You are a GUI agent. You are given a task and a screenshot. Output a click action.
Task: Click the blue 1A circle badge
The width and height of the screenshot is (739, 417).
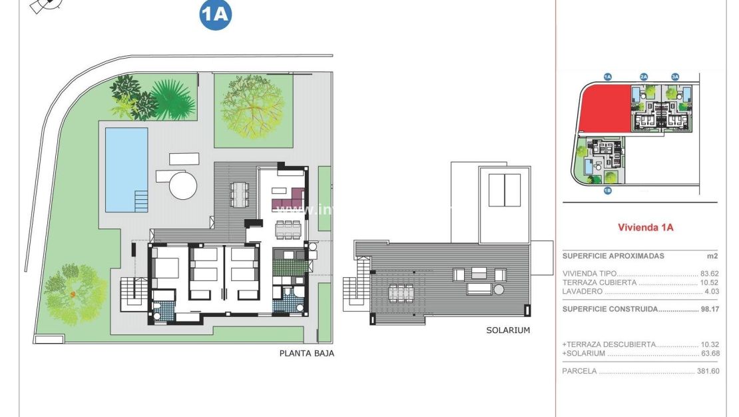pyautogui.click(x=215, y=15)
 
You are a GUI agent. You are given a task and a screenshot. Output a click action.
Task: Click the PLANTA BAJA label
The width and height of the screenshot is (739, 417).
pyautogui.click(x=306, y=354)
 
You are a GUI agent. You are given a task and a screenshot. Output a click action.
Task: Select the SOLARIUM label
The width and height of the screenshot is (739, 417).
pyautogui.click(x=508, y=330)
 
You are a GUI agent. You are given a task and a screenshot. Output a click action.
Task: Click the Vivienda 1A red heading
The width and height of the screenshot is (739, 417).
pyautogui.click(x=645, y=227)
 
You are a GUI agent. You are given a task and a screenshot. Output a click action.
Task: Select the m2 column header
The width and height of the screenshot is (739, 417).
pyautogui.click(x=712, y=256)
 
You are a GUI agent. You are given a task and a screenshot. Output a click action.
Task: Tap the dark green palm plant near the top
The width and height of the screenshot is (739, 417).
pyautogui.click(x=172, y=101)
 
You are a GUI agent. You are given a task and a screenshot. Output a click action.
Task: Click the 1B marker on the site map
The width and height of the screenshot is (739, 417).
pyautogui.click(x=607, y=191)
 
